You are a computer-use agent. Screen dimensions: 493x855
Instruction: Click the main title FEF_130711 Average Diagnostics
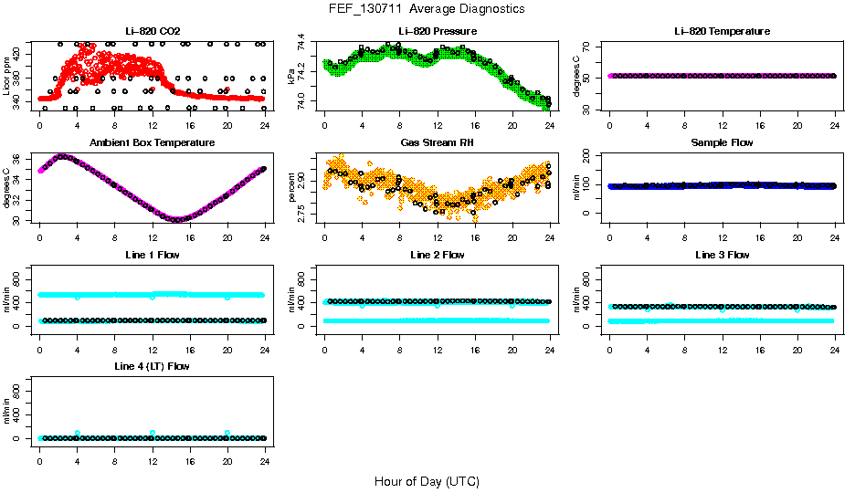point(427,8)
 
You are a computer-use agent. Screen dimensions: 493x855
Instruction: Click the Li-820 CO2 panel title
point(153,31)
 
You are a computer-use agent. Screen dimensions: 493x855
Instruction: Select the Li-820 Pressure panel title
point(437,31)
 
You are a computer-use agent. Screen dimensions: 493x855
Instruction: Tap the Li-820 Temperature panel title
point(722,31)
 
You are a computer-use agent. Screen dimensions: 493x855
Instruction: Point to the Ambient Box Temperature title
point(153,143)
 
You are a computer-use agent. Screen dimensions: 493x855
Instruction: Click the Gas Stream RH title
point(437,143)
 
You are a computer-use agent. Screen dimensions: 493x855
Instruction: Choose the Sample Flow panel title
point(722,143)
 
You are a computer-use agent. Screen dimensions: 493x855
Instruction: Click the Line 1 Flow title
point(153,255)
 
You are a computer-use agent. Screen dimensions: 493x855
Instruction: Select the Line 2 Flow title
point(437,255)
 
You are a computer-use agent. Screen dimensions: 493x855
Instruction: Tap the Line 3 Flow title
point(722,255)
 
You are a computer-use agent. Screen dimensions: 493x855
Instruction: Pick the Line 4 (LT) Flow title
point(153,366)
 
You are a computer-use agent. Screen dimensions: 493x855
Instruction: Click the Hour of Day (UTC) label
point(427,481)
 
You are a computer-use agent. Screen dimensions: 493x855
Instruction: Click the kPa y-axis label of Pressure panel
point(292,77)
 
